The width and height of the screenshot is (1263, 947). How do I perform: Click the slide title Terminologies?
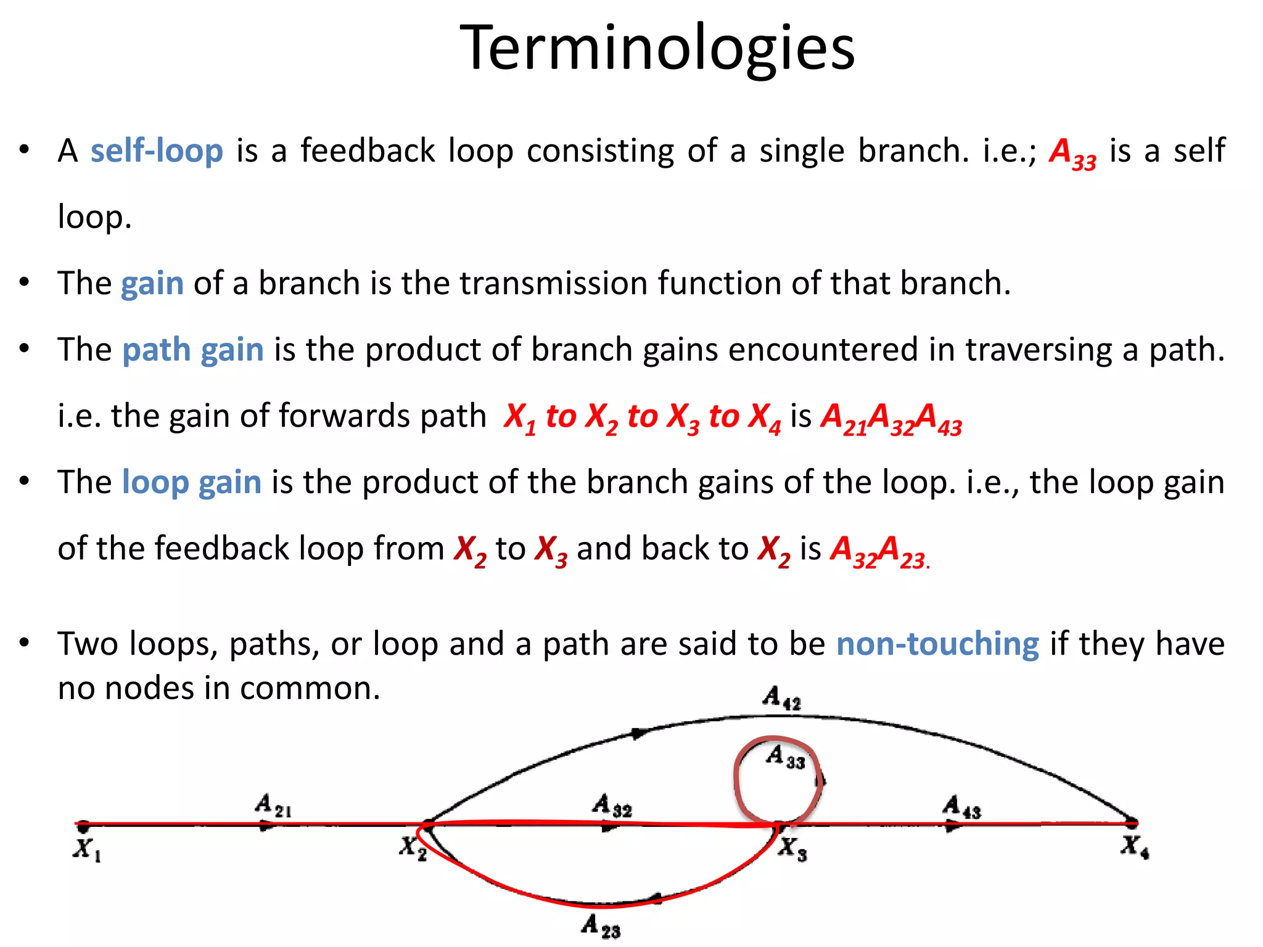click(x=657, y=48)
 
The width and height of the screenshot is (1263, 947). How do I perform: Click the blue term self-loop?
click(x=157, y=150)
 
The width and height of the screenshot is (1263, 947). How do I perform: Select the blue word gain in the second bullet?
click(x=152, y=284)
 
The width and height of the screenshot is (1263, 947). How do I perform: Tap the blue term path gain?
click(x=193, y=350)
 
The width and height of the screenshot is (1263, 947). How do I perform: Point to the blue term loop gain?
click(x=192, y=482)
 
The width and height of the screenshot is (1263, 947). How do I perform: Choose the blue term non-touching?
click(x=937, y=644)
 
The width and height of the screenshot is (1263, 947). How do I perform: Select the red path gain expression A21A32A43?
click(x=891, y=418)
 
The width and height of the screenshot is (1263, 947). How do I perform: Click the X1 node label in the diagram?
click(x=87, y=850)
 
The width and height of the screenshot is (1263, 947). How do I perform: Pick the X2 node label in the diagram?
click(x=413, y=848)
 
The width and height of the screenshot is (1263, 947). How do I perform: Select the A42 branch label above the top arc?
click(x=781, y=699)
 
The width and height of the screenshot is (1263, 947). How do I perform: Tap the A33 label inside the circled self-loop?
click(x=785, y=757)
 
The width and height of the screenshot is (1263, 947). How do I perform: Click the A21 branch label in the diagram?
click(x=273, y=806)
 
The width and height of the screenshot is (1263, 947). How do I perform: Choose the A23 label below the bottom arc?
click(x=601, y=926)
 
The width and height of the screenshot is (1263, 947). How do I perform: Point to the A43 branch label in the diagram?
click(x=961, y=807)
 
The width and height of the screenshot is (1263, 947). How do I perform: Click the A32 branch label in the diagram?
click(x=612, y=806)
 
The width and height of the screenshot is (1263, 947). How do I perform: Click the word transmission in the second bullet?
click(x=553, y=284)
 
